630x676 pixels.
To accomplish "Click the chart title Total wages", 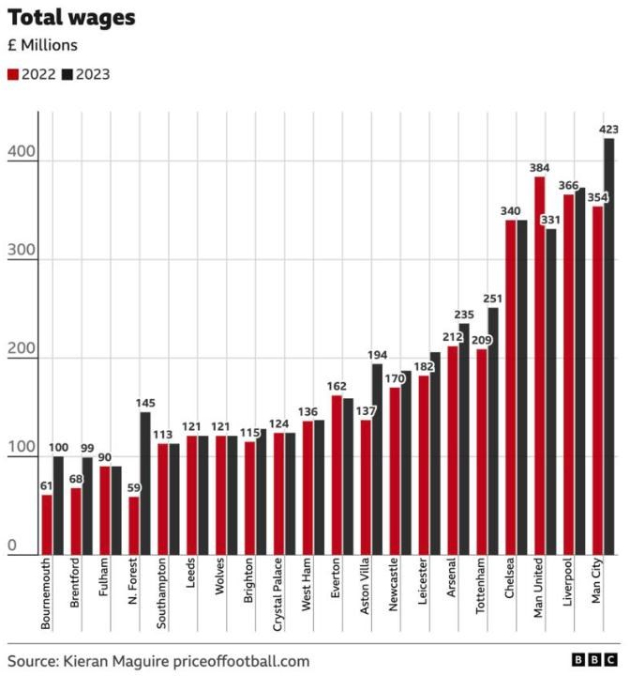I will coord(71,17).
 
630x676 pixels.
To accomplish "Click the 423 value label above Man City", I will coord(609,129).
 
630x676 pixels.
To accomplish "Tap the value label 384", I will coord(539,167).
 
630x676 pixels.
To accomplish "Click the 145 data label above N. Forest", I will coord(145,404).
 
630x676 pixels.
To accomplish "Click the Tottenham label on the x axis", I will coord(482,588).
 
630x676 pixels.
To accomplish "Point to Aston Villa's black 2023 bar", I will coord(377,460).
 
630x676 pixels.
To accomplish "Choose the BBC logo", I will coord(594,660).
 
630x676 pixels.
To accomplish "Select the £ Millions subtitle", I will coord(43,44).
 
